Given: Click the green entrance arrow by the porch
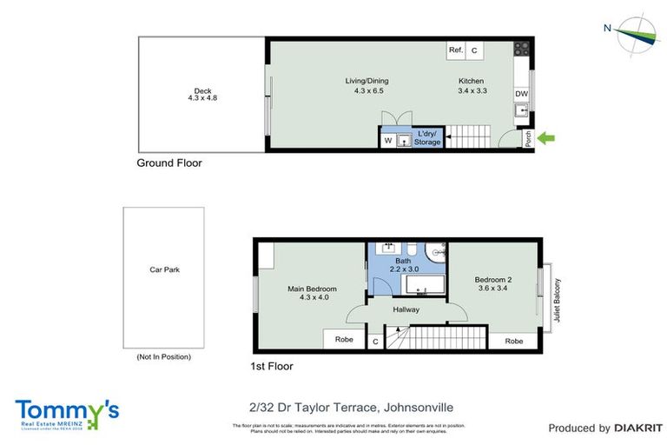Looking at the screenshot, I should point(547,136).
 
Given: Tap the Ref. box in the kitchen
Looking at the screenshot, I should point(456,50).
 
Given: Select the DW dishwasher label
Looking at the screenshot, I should point(521,94).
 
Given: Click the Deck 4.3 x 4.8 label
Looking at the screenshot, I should point(202,95).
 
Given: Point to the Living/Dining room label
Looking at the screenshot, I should point(368,85).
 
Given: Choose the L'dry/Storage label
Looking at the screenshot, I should point(427,137).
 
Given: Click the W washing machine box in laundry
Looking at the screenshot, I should point(387,140).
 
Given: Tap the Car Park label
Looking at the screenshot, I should point(163,269).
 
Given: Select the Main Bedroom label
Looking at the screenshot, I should point(312,293).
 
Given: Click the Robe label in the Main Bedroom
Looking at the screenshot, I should point(344,341).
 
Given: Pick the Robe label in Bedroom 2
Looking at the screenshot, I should point(514,341).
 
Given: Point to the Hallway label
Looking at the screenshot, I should point(406,309).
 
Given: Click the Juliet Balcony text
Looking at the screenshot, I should point(558,301).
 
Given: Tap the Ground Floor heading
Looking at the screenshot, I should point(169,163).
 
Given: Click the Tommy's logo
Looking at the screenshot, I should point(67,412).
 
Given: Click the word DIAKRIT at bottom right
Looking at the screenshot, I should point(638,428).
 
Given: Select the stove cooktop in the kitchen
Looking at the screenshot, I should point(521,50).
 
